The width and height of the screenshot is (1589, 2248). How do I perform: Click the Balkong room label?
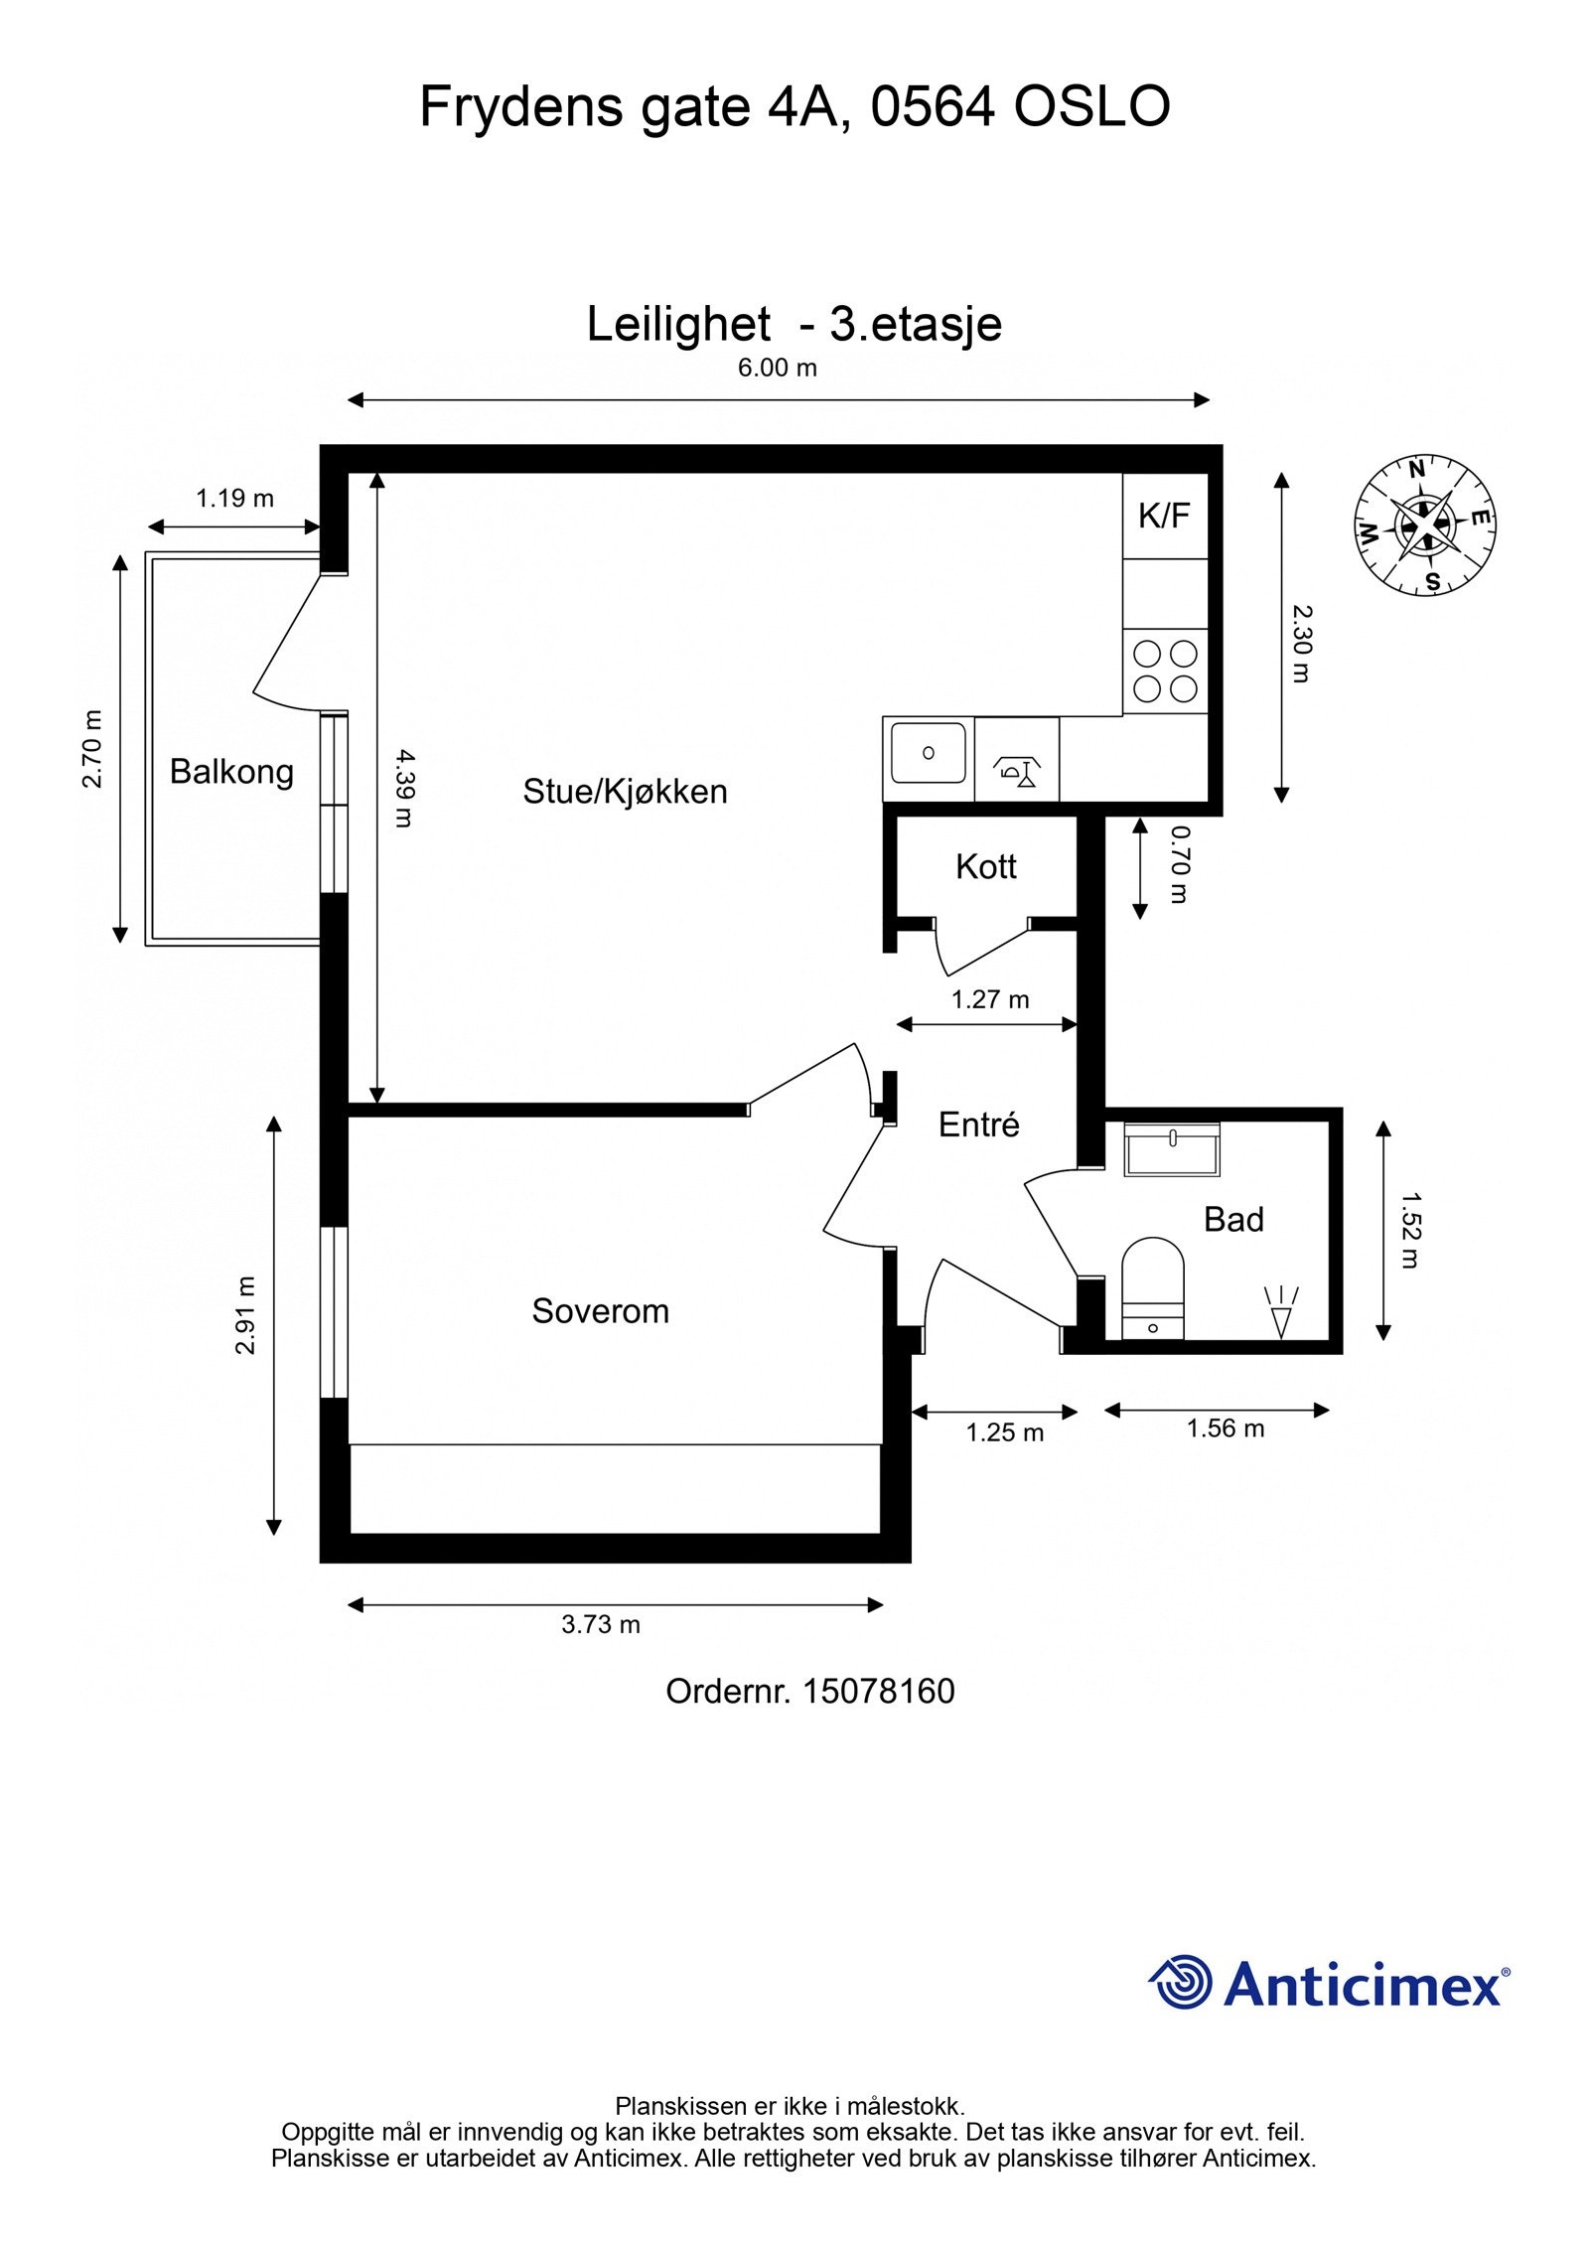click(231, 771)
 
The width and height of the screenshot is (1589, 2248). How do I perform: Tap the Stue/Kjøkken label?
click(625, 791)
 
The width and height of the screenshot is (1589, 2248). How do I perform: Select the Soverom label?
click(600, 1310)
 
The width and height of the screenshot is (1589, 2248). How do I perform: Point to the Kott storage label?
click(985, 866)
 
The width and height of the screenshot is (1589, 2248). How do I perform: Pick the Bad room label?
click(1233, 1219)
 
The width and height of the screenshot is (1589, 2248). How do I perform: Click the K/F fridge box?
click(1165, 516)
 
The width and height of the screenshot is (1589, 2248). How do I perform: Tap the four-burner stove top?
click(1165, 671)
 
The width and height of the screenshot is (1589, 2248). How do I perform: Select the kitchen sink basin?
click(928, 753)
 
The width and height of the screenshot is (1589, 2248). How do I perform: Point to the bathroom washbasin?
click(1172, 1150)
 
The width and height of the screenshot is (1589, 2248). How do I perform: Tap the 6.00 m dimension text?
click(777, 368)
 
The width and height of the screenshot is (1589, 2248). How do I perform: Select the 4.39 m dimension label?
click(402, 788)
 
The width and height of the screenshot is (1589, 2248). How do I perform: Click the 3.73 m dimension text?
click(601, 1624)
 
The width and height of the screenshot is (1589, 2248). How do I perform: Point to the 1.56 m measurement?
click(1226, 1428)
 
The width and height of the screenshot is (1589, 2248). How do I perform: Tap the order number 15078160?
click(878, 1691)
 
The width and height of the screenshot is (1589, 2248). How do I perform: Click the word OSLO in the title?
click(1091, 106)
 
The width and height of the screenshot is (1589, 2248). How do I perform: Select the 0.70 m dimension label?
click(1179, 864)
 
